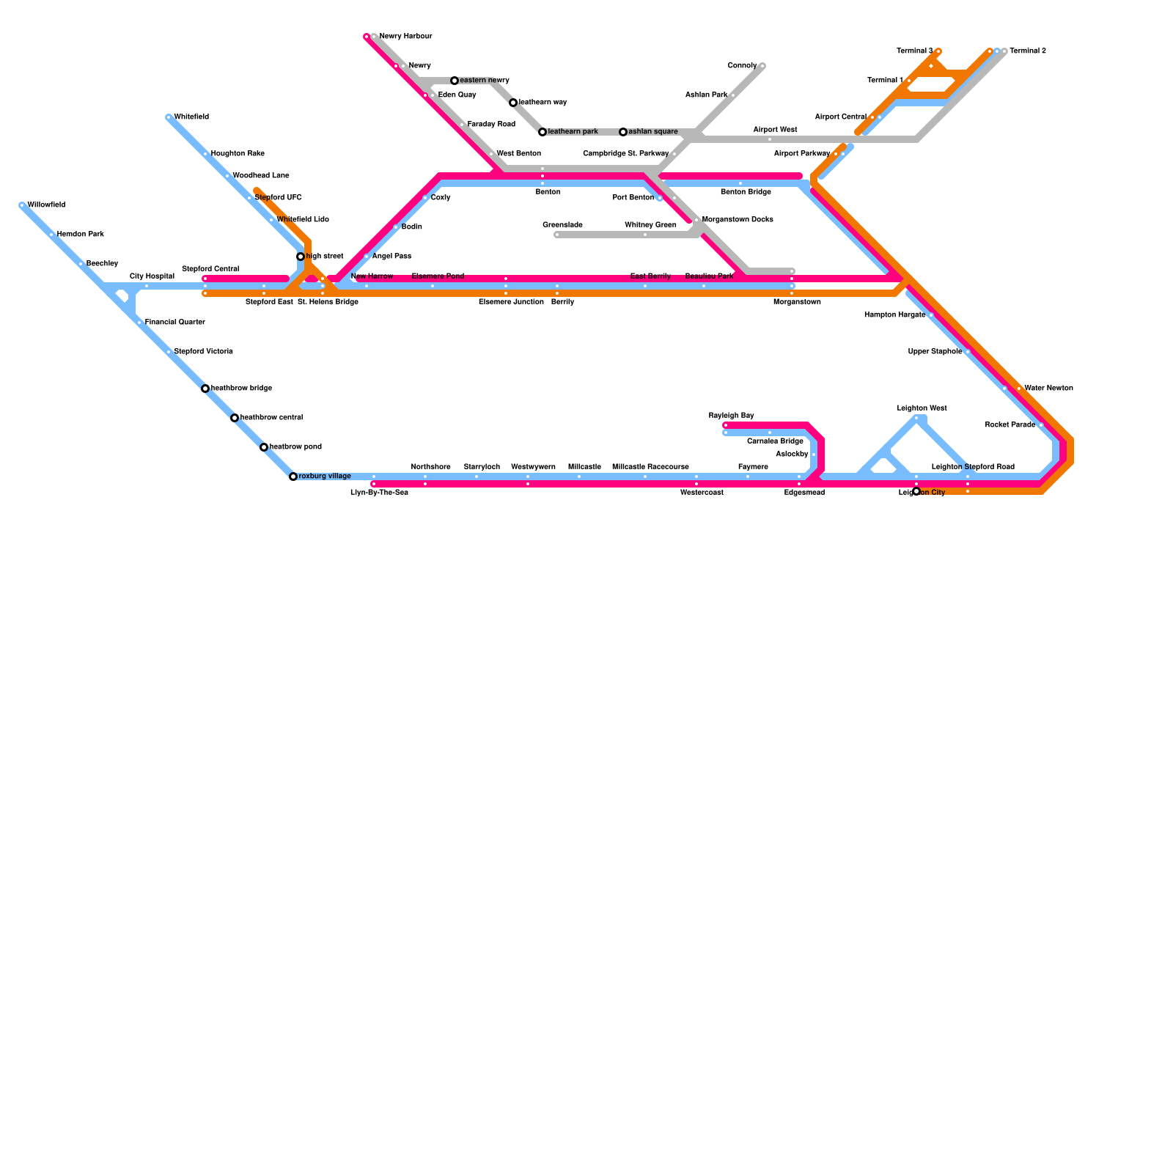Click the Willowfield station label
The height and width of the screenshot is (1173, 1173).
point(46,205)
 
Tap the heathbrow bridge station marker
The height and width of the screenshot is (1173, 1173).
point(205,389)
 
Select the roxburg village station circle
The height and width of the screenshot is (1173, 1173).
point(293,477)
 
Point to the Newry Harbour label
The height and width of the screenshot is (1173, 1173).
point(405,37)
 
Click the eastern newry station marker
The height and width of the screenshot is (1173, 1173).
point(455,81)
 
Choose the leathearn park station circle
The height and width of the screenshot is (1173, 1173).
point(543,132)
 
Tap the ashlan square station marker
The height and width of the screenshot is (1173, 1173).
point(623,132)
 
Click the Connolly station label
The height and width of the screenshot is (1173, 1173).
point(742,66)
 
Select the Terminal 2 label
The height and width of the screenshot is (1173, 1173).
point(1028,51)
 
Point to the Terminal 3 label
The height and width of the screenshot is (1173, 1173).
point(915,51)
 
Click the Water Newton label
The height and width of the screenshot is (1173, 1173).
point(1049,389)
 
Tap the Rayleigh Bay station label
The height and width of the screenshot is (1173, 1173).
point(731,416)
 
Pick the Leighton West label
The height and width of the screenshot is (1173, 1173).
point(922,408)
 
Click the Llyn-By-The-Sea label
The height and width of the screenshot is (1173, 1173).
point(379,493)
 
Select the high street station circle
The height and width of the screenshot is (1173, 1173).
point(301,257)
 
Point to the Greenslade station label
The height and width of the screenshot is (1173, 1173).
point(562,225)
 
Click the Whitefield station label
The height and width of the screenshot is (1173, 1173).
point(191,117)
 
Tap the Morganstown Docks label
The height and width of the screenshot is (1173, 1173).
point(738,220)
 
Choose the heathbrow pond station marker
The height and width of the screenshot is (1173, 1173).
point(264,447)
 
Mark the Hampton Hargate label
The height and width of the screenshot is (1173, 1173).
point(894,315)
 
